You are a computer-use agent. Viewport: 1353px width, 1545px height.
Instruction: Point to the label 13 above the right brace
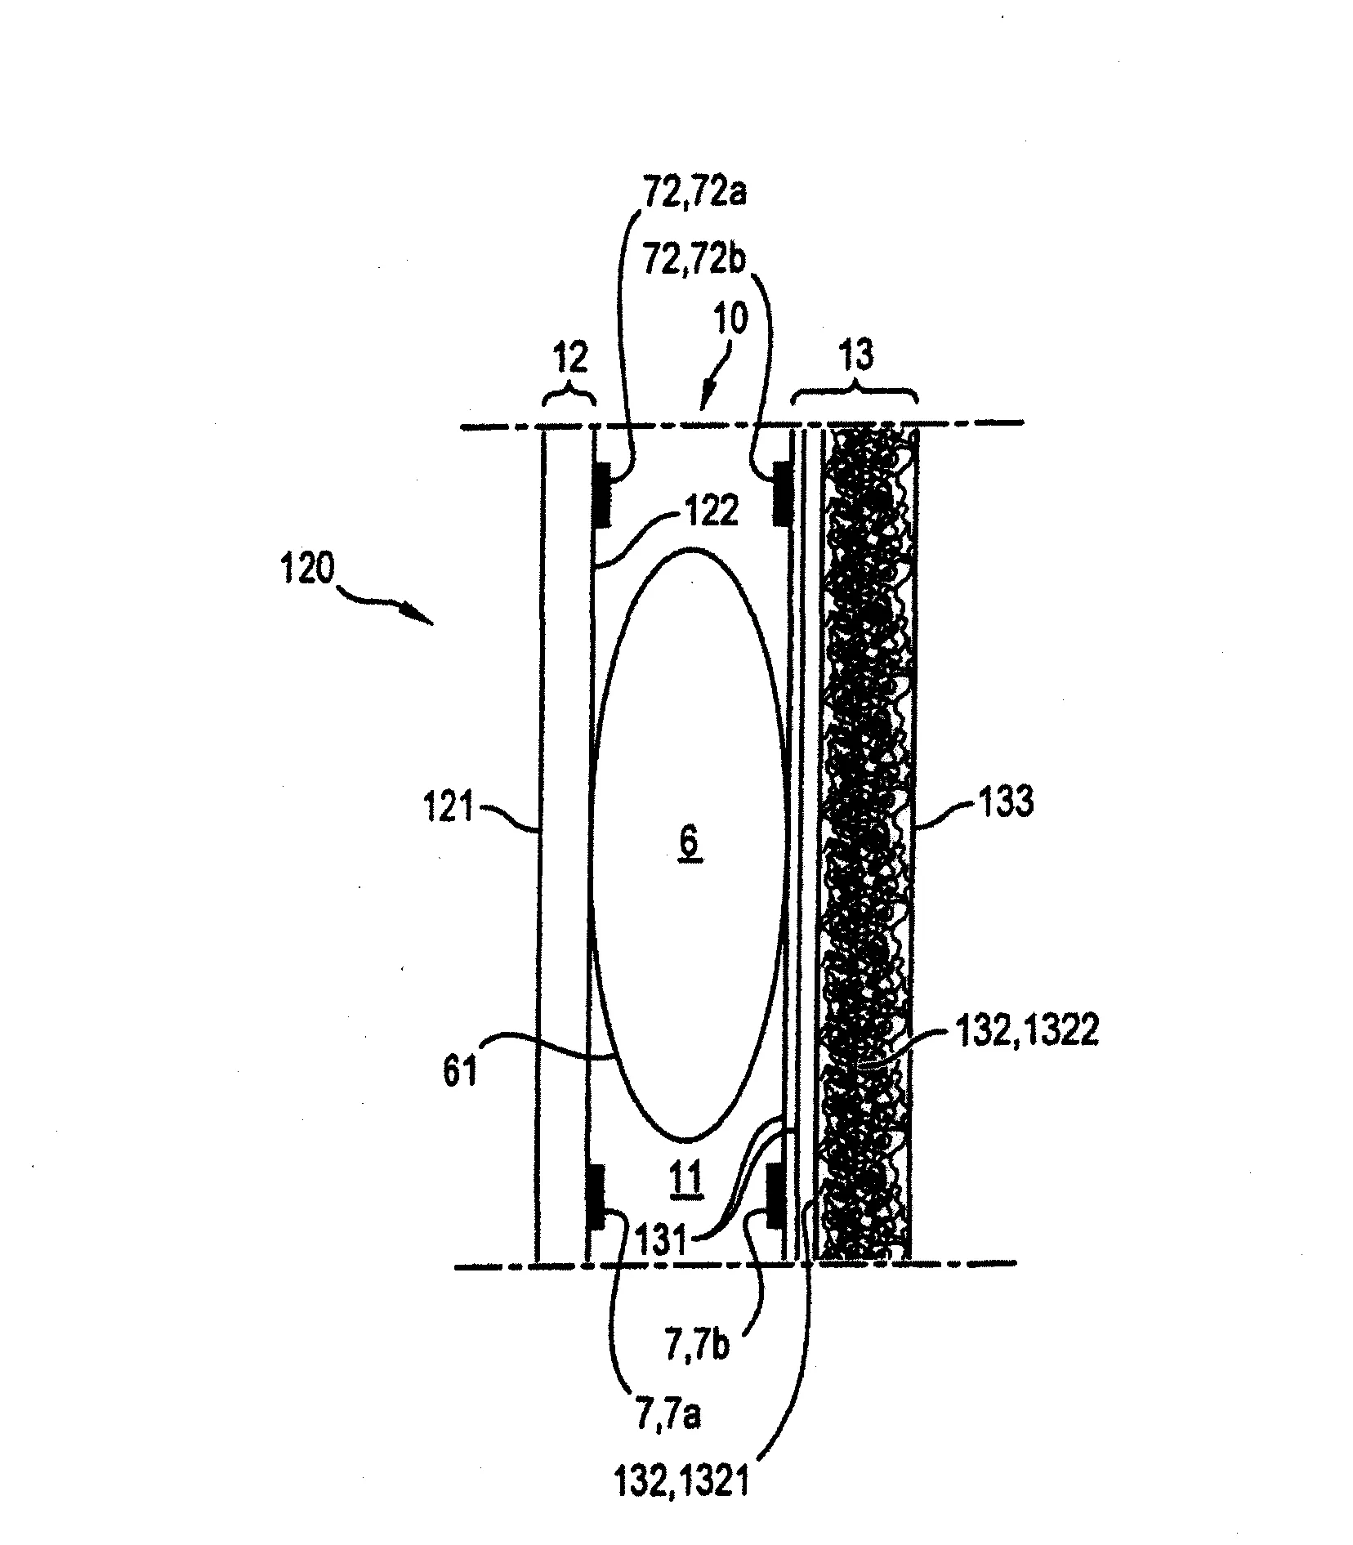pos(855,355)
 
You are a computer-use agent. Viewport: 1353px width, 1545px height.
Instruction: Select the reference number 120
pos(306,569)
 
